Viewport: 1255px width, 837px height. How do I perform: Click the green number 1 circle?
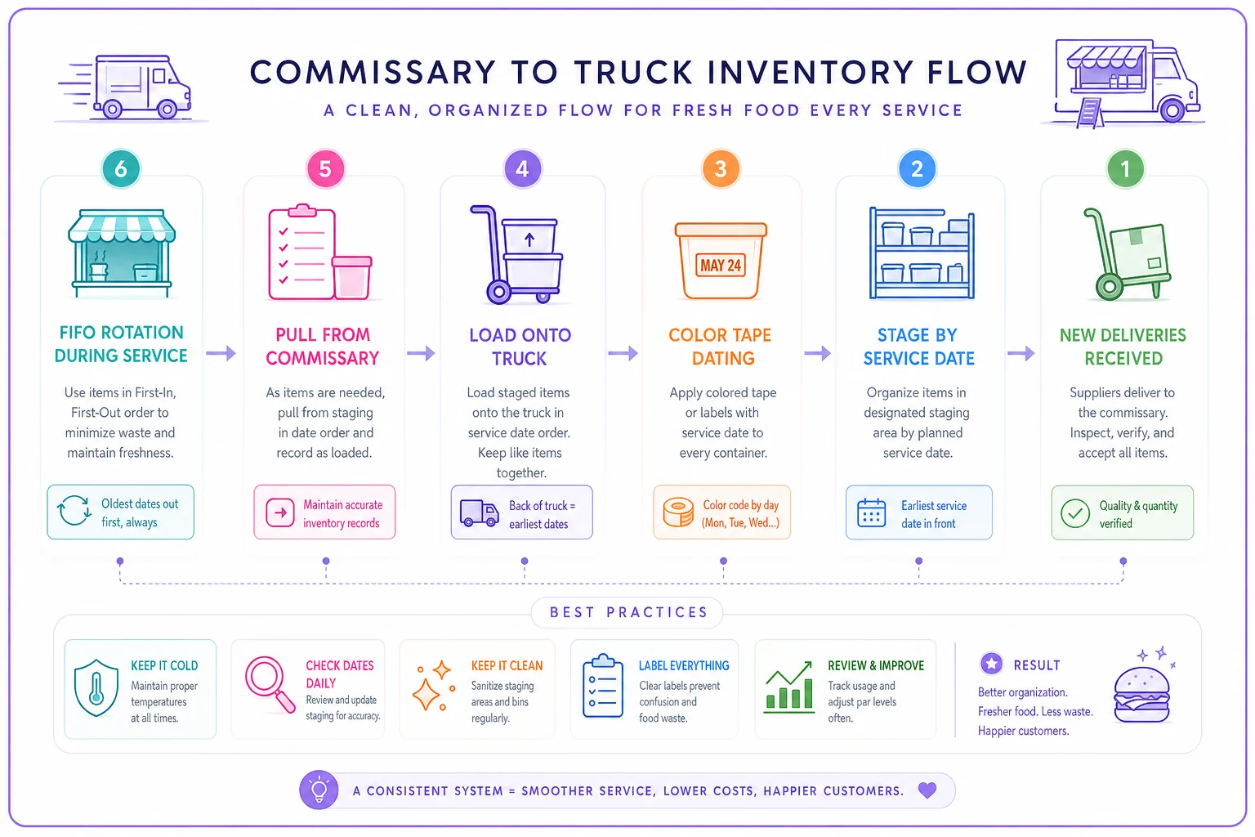coord(1124,168)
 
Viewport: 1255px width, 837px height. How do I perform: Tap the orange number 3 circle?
coord(721,168)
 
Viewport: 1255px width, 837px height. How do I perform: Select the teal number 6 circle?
coord(120,168)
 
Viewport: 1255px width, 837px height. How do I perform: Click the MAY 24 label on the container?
coord(721,265)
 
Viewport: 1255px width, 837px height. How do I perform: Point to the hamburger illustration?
coord(1141,693)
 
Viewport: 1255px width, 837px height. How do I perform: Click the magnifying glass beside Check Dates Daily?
coord(270,683)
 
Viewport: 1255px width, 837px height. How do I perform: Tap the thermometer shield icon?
coord(96,687)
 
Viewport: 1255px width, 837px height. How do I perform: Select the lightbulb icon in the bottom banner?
coord(319,790)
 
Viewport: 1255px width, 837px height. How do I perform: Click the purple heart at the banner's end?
coord(927,790)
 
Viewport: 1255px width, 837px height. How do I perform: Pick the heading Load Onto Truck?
coord(520,347)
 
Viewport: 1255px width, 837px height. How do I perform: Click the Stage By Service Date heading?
coord(918,347)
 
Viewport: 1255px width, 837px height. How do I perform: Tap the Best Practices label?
coord(628,612)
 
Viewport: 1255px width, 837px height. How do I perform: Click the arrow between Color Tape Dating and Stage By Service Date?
coord(817,353)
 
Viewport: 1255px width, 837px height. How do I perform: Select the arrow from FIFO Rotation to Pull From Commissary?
coord(221,353)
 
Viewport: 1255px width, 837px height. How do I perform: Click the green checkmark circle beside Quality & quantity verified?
coord(1074,513)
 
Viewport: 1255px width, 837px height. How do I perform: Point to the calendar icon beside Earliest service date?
coord(871,512)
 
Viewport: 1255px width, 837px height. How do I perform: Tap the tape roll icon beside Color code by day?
coord(678,512)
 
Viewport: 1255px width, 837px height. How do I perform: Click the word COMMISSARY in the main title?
coord(373,72)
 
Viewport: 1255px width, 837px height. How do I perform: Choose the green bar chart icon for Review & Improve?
coord(788,687)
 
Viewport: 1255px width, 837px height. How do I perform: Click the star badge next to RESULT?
coord(991,664)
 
